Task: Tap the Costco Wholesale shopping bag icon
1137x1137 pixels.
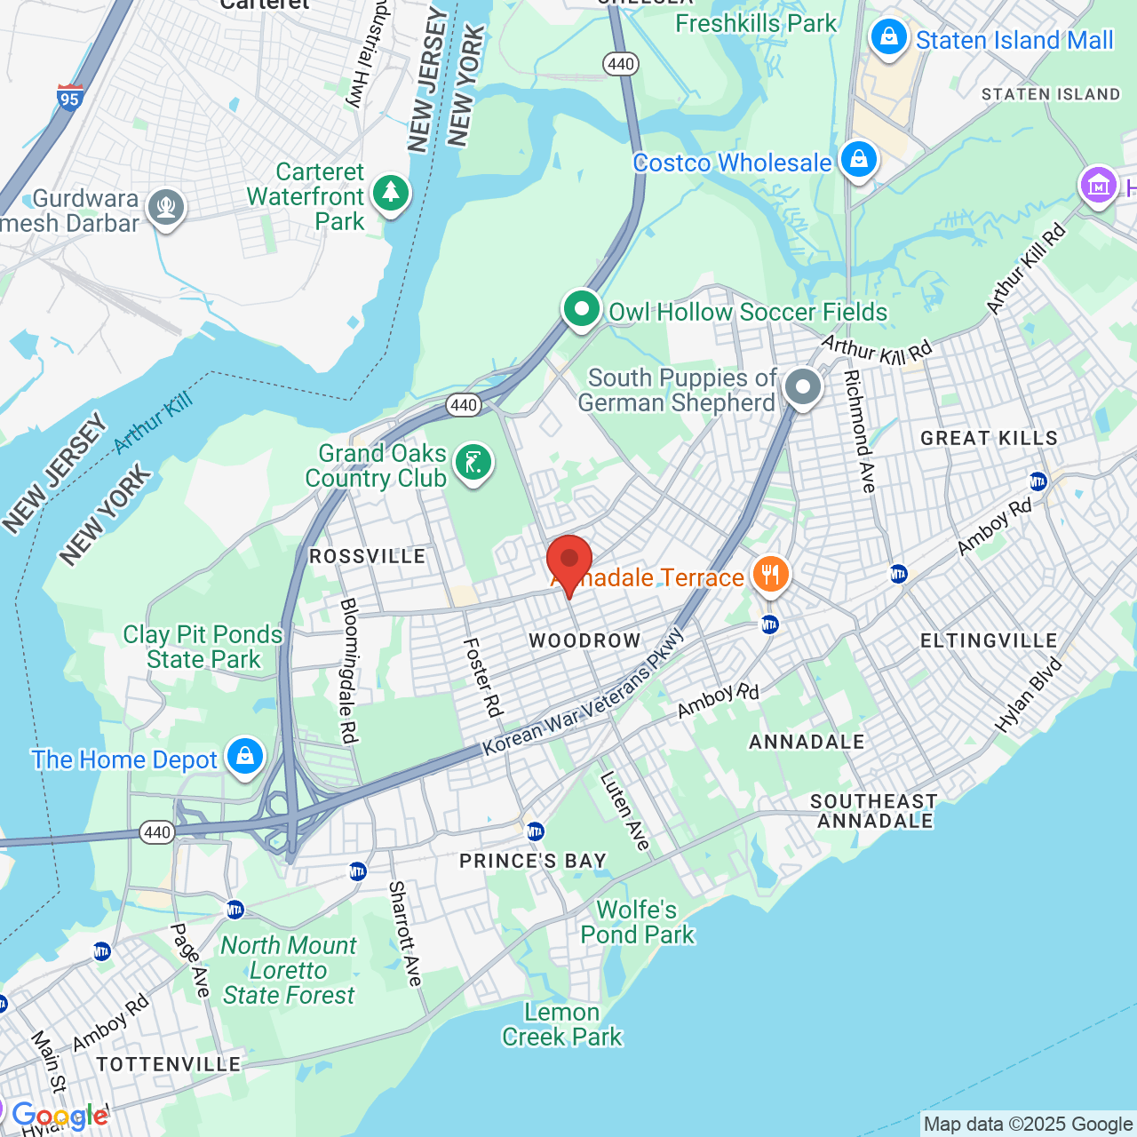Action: coord(858,160)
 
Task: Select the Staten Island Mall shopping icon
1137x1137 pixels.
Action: coord(888,38)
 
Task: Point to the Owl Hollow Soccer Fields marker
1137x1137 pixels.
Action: coord(582,310)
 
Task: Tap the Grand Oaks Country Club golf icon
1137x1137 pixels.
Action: coord(473,463)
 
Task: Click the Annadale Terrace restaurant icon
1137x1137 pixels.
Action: coord(770,575)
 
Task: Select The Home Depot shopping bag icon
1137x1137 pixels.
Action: coord(244,757)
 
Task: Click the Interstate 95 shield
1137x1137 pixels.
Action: coord(69,97)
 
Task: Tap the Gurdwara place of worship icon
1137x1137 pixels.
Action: coord(166,208)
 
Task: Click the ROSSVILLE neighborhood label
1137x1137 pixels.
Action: coord(367,557)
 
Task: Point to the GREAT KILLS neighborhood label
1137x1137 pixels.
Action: coord(989,438)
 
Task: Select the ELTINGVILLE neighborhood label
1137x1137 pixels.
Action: coord(988,641)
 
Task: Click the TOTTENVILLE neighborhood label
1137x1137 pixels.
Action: coord(169,1064)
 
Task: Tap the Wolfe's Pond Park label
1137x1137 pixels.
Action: coord(637,922)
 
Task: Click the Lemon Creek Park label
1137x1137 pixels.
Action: coord(561,1024)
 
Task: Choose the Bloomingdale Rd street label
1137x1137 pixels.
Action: coord(348,671)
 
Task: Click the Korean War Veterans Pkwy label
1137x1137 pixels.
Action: coord(584,693)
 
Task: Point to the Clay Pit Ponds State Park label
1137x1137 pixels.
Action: coord(203,647)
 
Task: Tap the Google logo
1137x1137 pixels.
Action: coord(60,1116)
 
